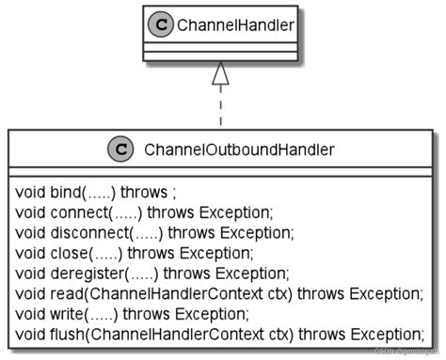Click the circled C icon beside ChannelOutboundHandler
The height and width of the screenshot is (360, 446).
(119, 149)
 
